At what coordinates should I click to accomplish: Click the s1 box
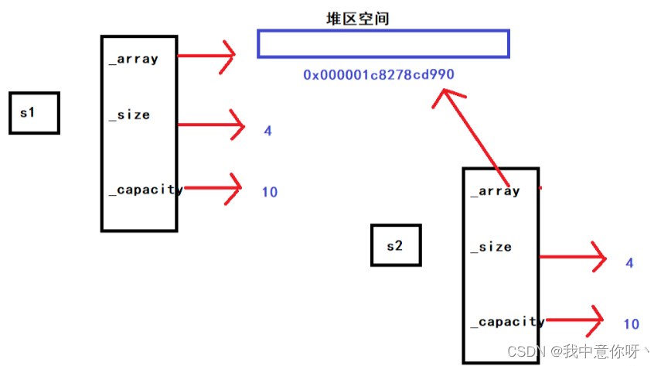coord(34,113)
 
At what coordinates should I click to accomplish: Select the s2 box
coord(396,245)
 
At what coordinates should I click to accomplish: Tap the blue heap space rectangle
coord(383,44)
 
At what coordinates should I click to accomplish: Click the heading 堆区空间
coord(358,18)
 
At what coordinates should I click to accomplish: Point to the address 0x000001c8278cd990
coord(379,75)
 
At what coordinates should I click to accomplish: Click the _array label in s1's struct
coord(133,58)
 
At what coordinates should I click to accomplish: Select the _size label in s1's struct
coord(129,115)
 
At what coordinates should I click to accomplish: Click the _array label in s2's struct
coord(495,190)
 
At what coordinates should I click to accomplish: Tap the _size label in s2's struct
coord(491,247)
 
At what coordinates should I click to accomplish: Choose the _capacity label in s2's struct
coord(507,321)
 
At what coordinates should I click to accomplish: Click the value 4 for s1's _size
coord(267,131)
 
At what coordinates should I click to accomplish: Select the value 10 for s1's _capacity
coord(269,192)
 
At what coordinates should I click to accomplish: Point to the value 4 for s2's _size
coord(629,263)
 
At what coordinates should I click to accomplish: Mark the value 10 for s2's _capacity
coord(631,324)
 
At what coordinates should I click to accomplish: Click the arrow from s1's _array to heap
coord(207,55)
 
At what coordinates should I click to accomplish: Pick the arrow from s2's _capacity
coord(576,318)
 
